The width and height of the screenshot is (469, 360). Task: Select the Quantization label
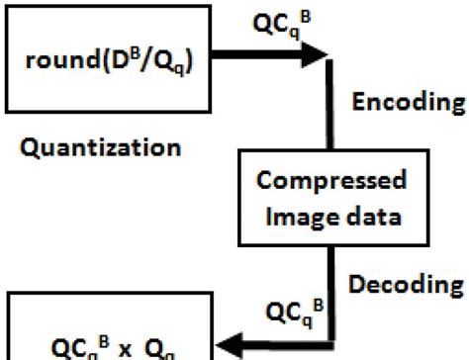point(98,149)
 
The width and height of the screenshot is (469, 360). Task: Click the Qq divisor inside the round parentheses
point(168,66)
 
